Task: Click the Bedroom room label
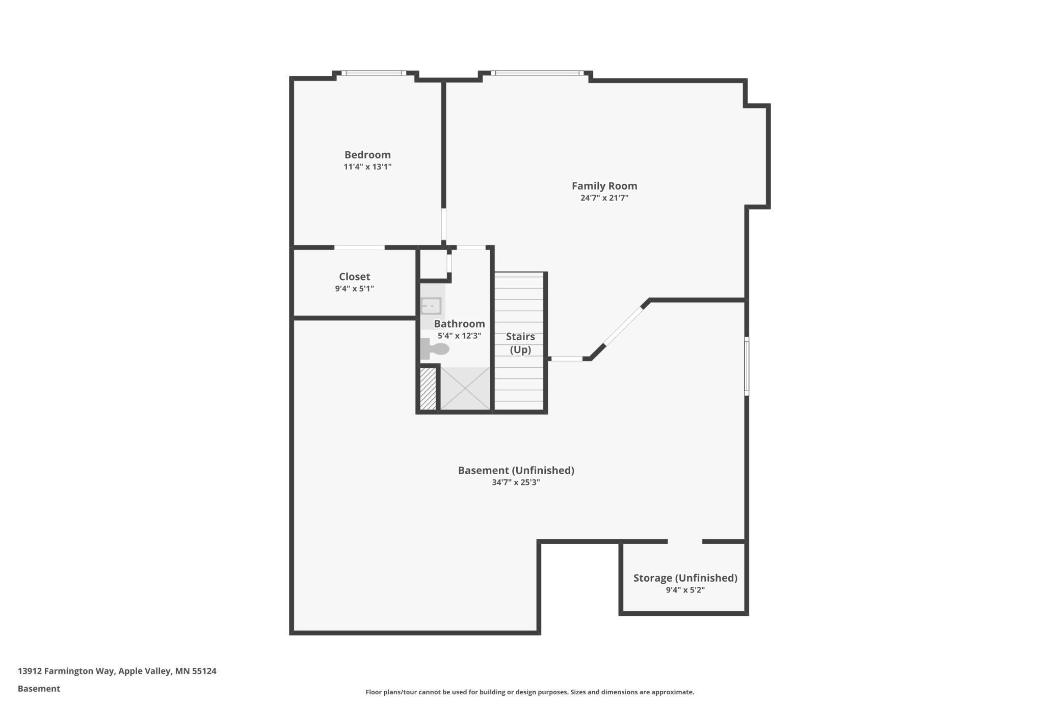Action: pos(367,154)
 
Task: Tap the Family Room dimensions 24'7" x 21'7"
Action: pos(604,198)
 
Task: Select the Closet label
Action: pos(354,277)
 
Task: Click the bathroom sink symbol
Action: pos(431,306)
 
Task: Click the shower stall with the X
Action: pos(465,389)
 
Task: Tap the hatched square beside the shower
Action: pos(428,389)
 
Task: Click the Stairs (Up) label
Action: pos(520,343)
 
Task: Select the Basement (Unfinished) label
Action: pos(516,470)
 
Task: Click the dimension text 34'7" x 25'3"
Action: pos(516,482)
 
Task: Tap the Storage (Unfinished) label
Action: pos(685,578)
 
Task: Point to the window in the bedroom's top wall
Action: pos(374,73)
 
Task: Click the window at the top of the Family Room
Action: pos(537,73)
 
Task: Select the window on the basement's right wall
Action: pos(747,366)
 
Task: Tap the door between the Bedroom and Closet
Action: pos(359,248)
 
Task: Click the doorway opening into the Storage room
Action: pos(685,541)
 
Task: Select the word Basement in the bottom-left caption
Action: pos(39,689)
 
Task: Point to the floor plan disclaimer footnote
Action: pos(529,692)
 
